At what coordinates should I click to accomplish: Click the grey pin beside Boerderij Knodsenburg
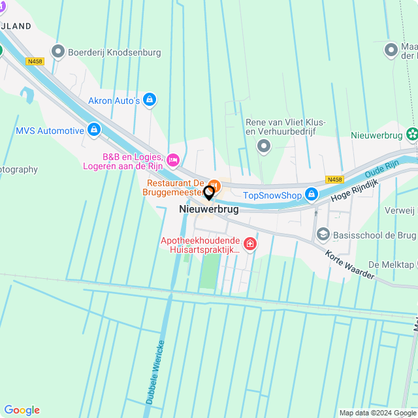tap(59, 50)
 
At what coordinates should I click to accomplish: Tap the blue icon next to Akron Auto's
tap(150, 100)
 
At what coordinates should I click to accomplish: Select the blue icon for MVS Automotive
tap(95, 130)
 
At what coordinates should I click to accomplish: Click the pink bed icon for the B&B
tap(173, 159)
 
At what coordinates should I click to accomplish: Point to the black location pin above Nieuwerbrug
tap(209, 193)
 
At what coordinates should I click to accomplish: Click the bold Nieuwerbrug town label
tap(208, 210)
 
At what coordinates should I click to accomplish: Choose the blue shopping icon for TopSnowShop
tap(312, 195)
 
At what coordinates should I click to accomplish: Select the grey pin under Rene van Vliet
tap(264, 146)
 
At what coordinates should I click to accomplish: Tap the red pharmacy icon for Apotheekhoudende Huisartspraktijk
tap(249, 244)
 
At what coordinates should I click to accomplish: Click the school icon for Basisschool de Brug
tap(322, 234)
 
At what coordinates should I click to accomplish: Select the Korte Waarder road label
tap(350, 266)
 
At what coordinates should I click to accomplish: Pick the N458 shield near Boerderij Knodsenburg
tap(35, 61)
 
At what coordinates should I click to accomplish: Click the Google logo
tap(22, 410)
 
